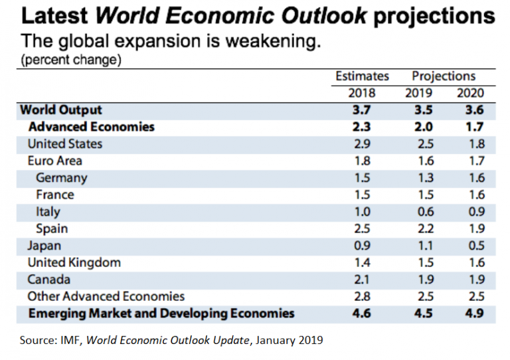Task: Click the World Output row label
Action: [x=62, y=110]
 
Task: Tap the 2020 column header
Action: [x=471, y=93]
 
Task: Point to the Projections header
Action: [x=444, y=76]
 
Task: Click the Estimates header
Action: [x=362, y=76]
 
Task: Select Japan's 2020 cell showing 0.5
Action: [x=475, y=246]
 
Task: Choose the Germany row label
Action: [x=62, y=178]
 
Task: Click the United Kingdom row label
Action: [x=74, y=262]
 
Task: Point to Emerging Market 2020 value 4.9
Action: [x=475, y=314]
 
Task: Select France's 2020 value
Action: [x=475, y=195]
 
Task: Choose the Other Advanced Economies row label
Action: [x=106, y=296]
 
